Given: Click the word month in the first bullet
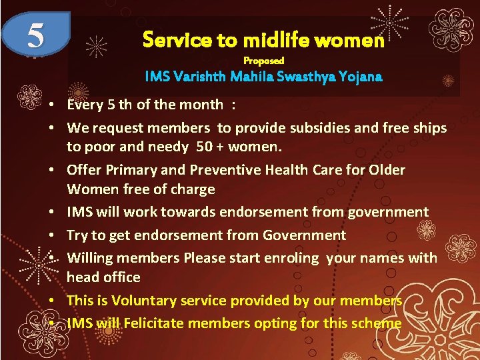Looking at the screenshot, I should click(202, 105).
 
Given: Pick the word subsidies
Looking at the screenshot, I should click(304, 127).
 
